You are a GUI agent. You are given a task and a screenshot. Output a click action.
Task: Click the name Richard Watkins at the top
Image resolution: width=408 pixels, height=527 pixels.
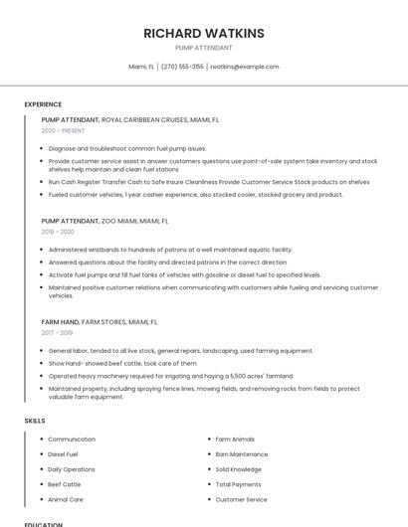click(204, 33)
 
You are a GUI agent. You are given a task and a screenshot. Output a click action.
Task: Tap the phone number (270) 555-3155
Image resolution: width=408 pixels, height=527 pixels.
click(182, 67)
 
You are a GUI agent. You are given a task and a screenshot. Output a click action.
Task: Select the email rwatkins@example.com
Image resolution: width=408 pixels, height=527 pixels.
click(244, 67)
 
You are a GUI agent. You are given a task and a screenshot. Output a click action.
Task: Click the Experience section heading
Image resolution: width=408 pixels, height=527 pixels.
click(43, 104)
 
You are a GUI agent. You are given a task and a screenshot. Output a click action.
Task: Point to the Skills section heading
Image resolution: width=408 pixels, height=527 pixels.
click(34, 421)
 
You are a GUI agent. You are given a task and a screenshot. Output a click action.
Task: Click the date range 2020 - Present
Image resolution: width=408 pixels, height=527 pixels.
click(63, 130)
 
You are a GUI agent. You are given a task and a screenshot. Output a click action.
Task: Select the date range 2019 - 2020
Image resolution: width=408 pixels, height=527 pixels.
click(58, 232)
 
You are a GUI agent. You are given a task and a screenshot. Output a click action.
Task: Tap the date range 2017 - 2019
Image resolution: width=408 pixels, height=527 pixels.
click(58, 333)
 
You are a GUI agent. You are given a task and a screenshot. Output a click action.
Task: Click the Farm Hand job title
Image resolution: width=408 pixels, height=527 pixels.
click(60, 322)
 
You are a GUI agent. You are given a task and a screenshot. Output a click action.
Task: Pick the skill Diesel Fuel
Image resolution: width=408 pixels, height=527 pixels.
click(63, 454)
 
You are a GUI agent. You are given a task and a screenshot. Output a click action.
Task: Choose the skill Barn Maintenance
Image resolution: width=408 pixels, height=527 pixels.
click(242, 454)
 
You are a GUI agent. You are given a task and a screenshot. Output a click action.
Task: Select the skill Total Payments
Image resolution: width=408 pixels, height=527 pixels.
click(239, 484)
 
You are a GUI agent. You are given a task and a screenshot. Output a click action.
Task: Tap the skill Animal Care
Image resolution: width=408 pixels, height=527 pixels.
click(66, 499)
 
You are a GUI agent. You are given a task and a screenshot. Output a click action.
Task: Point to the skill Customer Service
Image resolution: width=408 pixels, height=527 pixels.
click(242, 499)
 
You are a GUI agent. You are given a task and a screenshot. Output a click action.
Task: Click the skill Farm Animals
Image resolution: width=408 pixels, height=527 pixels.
click(235, 439)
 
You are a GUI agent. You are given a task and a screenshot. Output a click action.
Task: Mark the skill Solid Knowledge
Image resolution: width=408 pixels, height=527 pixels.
click(239, 469)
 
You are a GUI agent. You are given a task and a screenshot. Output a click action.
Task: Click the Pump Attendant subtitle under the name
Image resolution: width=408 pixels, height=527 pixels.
click(204, 48)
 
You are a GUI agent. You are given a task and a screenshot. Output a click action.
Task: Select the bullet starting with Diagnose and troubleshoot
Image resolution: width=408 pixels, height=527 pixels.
click(127, 148)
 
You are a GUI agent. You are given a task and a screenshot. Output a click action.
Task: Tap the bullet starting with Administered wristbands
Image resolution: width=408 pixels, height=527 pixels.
click(170, 250)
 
